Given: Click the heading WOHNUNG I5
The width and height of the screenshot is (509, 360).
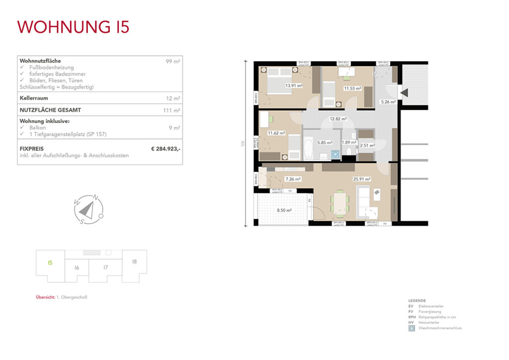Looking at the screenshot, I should point(74,27).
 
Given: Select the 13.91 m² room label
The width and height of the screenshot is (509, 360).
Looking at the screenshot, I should point(294,85).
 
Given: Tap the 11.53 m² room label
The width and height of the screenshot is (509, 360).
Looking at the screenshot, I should point(352,88).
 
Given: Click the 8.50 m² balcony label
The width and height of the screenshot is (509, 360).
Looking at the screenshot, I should point(284,210).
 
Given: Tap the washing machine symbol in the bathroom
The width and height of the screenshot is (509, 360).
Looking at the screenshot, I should point(336,155).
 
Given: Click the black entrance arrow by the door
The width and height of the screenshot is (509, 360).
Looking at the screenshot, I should point(404,92).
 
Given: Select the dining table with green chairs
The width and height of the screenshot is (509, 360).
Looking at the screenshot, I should point(340,204).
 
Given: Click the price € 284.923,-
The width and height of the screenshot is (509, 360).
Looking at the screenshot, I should point(166,148).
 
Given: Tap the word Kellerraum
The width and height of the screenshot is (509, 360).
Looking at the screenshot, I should point(33,98).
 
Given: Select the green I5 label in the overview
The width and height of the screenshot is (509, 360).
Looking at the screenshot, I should point(50,262).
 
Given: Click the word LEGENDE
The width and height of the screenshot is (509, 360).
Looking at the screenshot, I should point(417,301).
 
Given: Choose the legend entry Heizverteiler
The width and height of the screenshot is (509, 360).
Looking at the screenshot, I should point(429,322).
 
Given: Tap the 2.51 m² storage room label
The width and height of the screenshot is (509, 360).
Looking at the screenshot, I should point(367,145).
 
